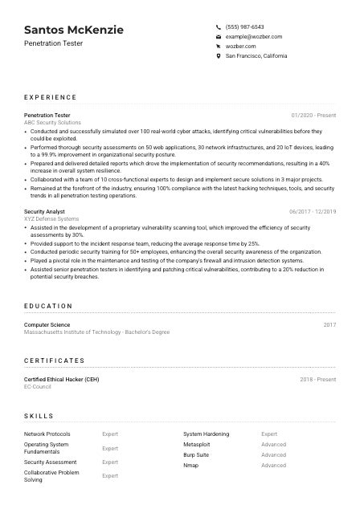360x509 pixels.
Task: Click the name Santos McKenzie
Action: click(x=74, y=30)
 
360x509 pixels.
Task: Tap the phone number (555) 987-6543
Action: click(x=244, y=26)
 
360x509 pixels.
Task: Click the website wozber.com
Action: click(x=241, y=47)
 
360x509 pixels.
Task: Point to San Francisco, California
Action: click(x=256, y=56)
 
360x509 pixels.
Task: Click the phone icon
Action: click(x=219, y=26)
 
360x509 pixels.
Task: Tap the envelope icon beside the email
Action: click(x=219, y=37)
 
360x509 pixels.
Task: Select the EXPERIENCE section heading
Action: click(x=51, y=97)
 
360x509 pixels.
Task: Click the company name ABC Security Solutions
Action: click(x=52, y=123)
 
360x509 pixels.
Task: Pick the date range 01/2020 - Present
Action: click(x=313, y=116)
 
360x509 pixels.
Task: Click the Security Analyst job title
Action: click(x=45, y=211)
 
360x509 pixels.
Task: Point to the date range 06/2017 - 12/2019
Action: click(x=313, y=211)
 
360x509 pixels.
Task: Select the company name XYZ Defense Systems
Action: click(x=51, y=218)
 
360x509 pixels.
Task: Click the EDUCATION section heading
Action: click(x=48, y=306)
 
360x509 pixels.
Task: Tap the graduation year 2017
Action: click(x=329, y=324)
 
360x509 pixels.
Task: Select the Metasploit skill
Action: click(x=197, y=444)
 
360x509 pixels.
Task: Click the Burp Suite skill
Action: click(x=197, y=454)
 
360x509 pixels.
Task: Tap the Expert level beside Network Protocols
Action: click(x=110, y=434)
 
